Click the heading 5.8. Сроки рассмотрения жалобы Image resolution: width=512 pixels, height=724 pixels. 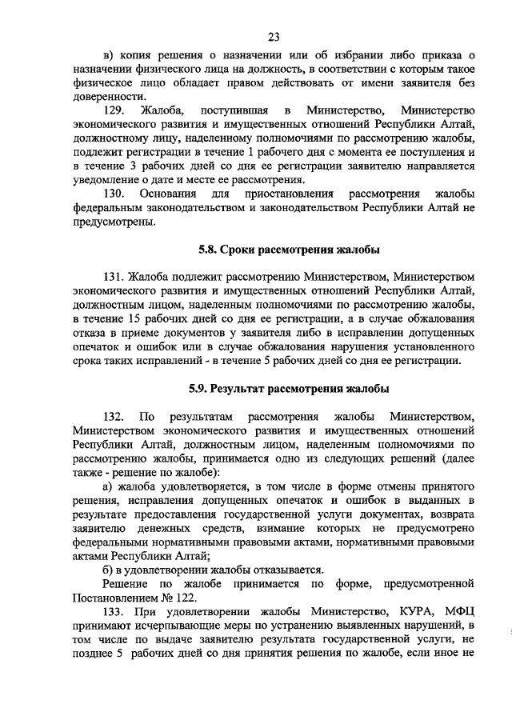click(289, 249)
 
